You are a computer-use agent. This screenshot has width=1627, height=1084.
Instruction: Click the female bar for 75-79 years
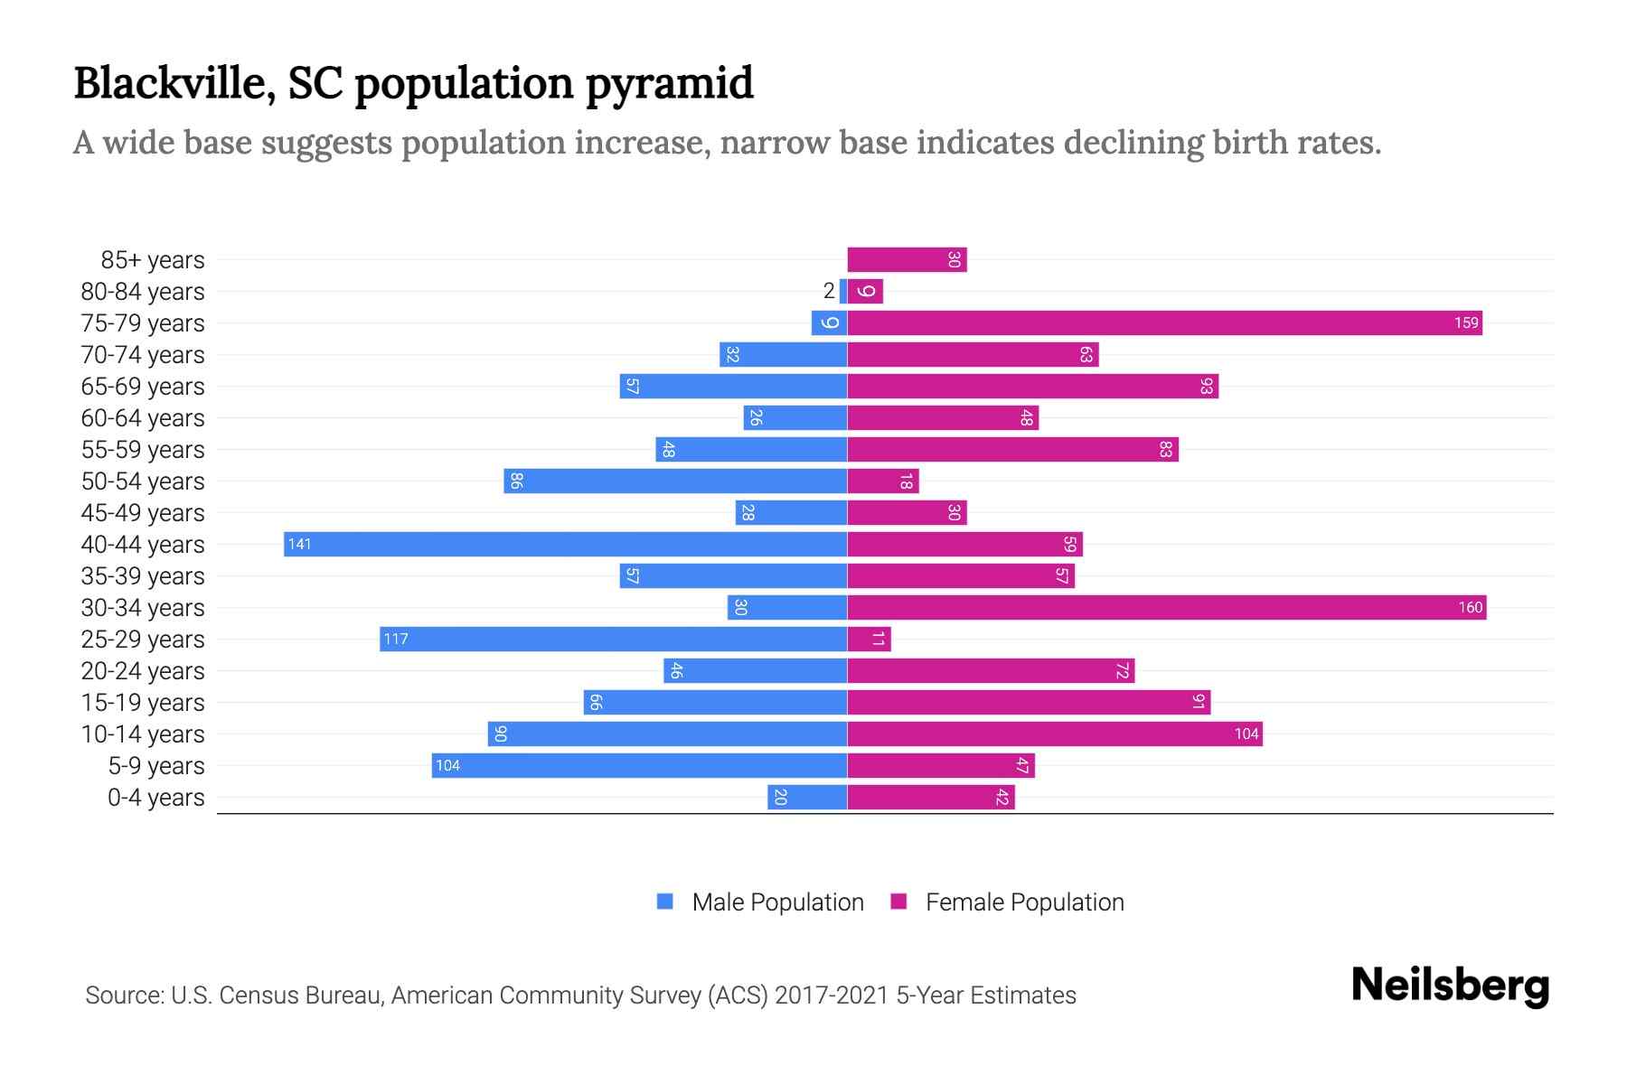click(1164, 322)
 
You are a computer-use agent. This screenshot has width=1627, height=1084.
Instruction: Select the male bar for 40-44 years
click(565, 544)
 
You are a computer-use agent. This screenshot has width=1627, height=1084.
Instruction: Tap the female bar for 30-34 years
click(1166, 607)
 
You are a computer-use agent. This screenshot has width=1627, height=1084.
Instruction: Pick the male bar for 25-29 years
click(613, 639)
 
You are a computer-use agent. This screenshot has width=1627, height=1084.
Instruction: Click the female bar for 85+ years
click(907, 259)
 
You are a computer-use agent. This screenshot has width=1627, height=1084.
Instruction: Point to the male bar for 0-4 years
click(807, 797)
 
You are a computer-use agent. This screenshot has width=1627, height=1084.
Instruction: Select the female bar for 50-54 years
click(883, 481)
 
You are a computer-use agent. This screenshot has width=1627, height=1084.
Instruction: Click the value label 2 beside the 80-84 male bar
click(829, 291)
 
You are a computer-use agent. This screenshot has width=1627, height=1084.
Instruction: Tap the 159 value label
click(1466, 322)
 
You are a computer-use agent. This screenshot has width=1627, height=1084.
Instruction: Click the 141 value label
click(299, 544)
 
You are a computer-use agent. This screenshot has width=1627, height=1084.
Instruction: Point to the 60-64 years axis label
click(143, 417)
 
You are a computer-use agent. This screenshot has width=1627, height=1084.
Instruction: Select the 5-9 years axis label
click(155, 765)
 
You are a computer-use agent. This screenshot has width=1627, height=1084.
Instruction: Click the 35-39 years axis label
click(143, 575)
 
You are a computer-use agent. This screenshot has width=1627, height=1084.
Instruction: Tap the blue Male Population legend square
click(665, 902)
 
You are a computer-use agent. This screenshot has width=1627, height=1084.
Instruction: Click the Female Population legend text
click(1024, 902)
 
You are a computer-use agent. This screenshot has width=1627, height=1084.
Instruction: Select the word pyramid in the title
click(669, 84)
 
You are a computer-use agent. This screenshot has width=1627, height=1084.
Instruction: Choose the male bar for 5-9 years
click(639, 765)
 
